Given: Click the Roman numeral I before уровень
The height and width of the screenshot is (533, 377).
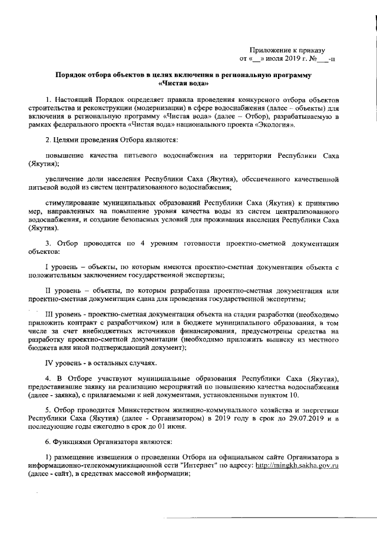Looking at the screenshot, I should pos(47,267).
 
